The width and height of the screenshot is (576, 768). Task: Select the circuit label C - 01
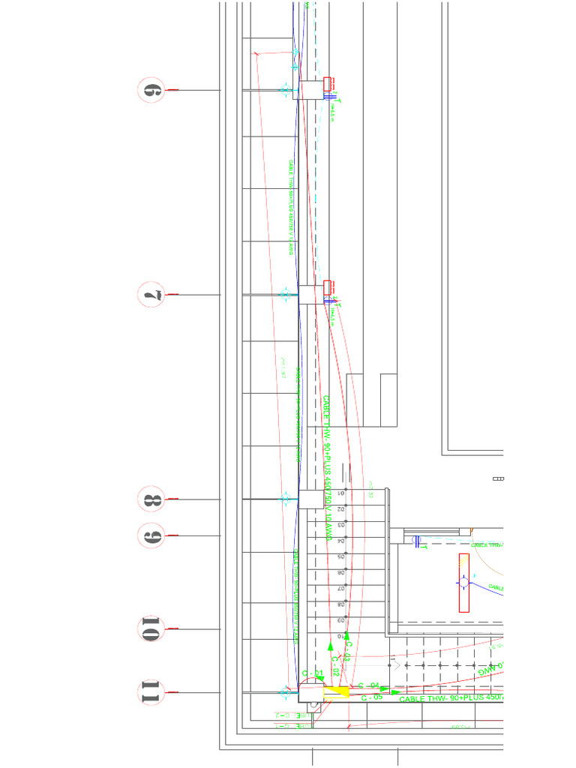point(313,673)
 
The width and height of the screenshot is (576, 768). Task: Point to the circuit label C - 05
point(372,697)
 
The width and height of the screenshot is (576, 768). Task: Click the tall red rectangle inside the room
point(464,583)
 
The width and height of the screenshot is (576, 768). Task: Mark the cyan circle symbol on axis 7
point(285,294)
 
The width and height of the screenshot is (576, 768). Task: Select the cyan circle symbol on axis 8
point(285,497)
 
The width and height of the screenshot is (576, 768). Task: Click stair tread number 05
point(340,557)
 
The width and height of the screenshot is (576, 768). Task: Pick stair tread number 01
point(340,494)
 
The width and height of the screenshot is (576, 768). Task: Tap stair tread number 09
point(340,621)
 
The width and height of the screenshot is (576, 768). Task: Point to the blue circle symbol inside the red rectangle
point(463,582)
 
